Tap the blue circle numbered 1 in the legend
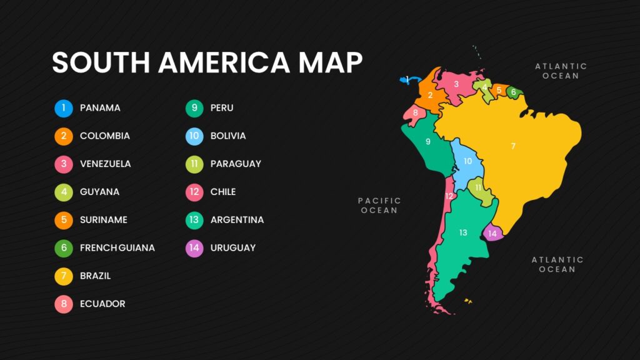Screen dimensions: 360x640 63,108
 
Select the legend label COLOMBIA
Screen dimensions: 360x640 105,136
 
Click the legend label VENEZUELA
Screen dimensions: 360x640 106,164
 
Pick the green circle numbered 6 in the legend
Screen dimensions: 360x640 63,247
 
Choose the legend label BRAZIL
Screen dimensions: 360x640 96,276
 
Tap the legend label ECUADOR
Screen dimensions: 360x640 102,304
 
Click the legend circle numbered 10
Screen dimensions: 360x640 194,136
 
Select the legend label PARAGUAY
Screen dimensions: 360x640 236,164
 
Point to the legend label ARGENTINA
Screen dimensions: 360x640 237,220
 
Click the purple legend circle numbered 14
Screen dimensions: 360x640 194,247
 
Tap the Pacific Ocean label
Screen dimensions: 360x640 379,206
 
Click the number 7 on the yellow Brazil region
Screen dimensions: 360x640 513,146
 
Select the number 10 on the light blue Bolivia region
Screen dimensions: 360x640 467,161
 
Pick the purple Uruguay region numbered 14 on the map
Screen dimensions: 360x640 493,234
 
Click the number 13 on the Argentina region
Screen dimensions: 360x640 463,232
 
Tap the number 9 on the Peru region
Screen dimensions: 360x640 428,142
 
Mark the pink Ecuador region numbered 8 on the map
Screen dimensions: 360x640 415,113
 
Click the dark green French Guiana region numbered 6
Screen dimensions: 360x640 514,92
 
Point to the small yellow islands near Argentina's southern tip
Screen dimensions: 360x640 467,301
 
